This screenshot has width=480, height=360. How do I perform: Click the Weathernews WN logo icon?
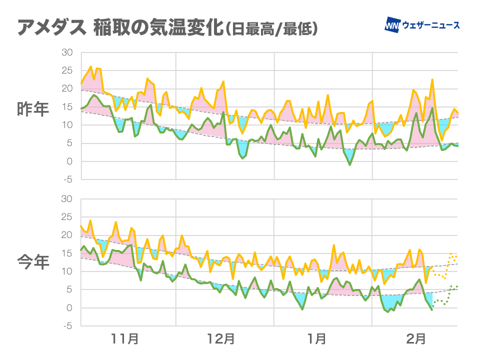click(x=392, y=24)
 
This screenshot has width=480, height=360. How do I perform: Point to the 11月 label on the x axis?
click(x=124, y=339)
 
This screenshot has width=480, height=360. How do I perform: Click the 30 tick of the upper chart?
click(x=67, y=52)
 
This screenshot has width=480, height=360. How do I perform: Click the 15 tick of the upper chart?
click(x=67, y=107)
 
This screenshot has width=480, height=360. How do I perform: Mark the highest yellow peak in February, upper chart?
click(x=432, y=80)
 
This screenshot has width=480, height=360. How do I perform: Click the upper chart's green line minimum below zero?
click(x=350, y=164)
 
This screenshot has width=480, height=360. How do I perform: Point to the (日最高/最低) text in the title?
click(x=271, y=29)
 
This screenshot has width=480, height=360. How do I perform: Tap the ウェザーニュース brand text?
click(x=431, y=25)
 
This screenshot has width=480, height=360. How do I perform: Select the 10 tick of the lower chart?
click(x=67, y=271)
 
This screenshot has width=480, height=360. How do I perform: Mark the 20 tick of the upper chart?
click(x=67, y=89)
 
